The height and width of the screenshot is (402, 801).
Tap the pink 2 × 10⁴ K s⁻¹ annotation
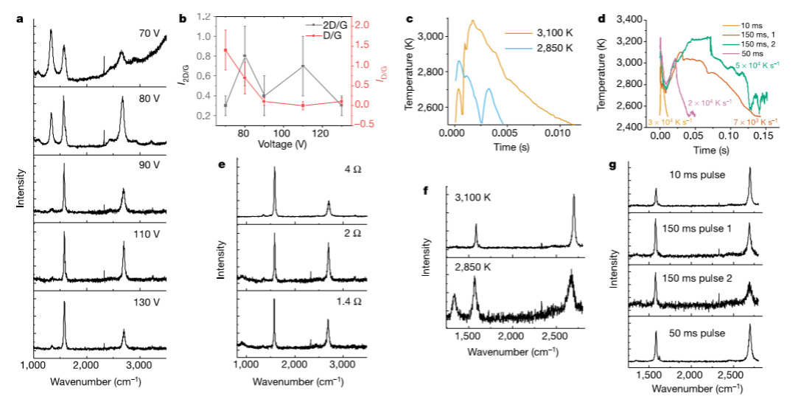pos(710,103)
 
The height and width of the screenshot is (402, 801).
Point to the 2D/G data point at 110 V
pos(302,66)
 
